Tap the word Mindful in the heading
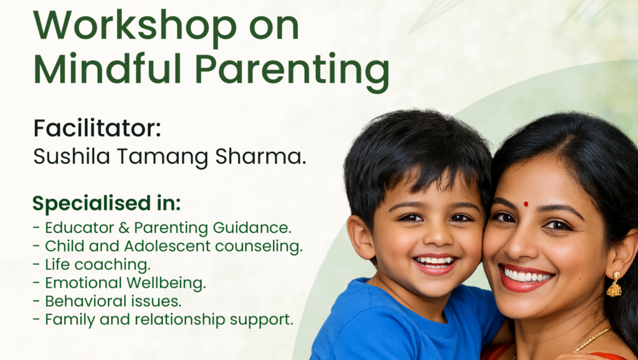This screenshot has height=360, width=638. click(x=107, y=69)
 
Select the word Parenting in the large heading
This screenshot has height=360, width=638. click(x=292, y=72)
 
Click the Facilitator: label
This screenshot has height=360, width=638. click(x=97, y=128)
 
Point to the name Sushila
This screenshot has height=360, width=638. click(x=72, y=156)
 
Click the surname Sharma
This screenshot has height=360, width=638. click(x=260, y=156)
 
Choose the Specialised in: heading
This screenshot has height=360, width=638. click(x=107, y=204)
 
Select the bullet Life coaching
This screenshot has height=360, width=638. click(x=92, y=265)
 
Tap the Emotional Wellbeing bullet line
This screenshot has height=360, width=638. click(x=119, y=283)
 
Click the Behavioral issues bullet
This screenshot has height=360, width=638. click(x=107, y=301)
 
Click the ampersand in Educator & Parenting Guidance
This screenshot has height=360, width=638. click(x=124, y=228)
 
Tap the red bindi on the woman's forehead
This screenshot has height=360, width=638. click(x=526, y=204)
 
